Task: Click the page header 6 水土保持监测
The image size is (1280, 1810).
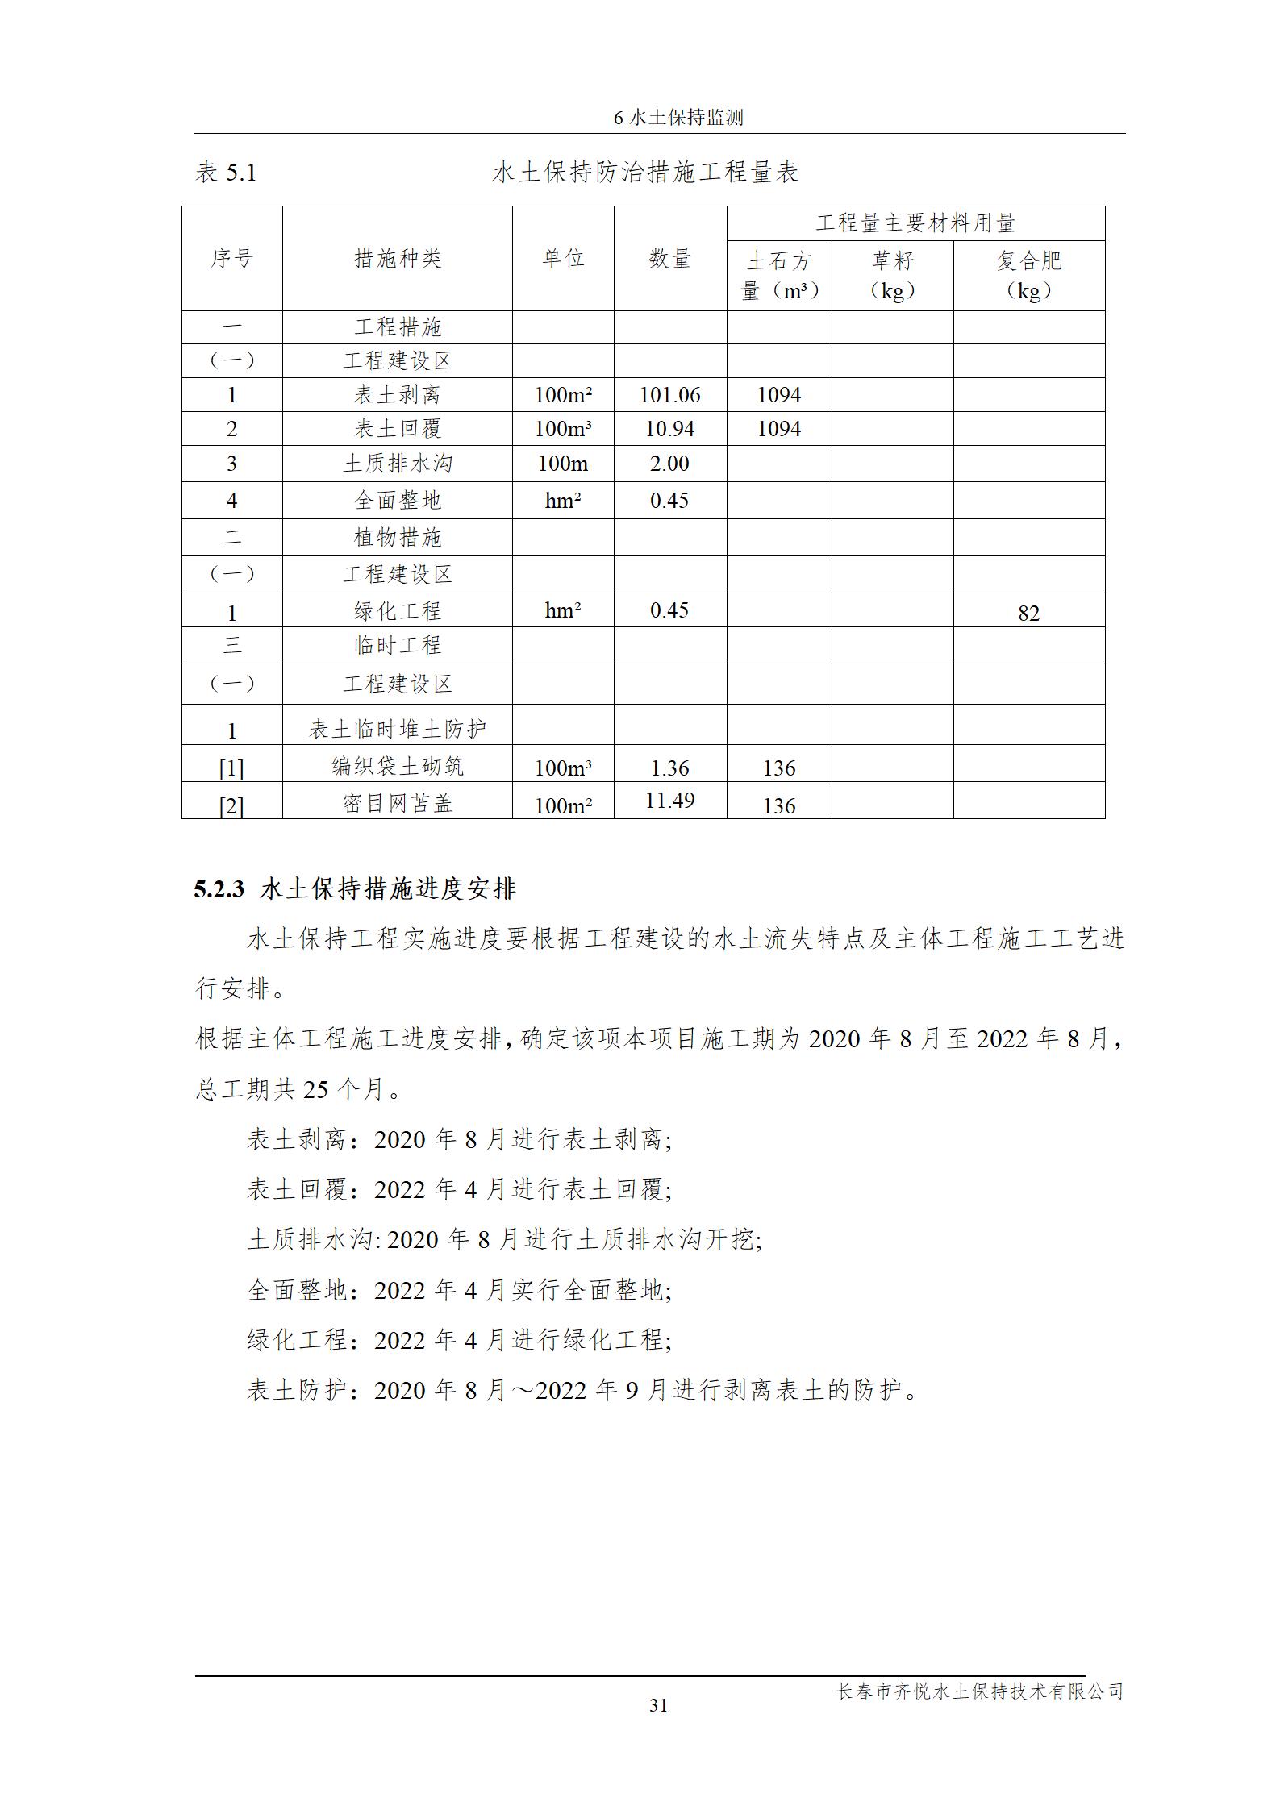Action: (678, 118)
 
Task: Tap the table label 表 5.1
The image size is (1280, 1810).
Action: (226, 173)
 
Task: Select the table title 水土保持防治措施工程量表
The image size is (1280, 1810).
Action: (644, 173)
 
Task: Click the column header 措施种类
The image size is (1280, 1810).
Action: (398, 259)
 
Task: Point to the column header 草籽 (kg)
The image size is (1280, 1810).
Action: (892, 275)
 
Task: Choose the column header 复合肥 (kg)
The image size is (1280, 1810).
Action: (1028, 275)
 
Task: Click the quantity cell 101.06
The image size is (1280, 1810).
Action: (669, 395)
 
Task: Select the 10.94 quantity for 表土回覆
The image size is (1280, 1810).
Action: (669, 429)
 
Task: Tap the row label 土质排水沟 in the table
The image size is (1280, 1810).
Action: (398, 464)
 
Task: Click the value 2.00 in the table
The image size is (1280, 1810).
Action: (669, 464)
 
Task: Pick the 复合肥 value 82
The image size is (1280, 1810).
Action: (1028, 614)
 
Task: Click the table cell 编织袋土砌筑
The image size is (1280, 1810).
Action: (398, 766)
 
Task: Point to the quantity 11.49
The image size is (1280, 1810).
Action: (669, 801)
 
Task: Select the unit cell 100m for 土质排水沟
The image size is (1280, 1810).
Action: (563, 464)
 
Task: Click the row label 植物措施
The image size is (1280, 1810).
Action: (398, 538)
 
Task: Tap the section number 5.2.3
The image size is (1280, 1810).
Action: (219, 889)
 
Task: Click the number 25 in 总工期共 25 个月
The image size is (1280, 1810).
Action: (315, 1090)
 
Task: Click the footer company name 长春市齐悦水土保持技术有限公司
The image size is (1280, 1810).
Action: (979, 1691)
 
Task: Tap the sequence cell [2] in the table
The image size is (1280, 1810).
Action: (231, 805)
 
